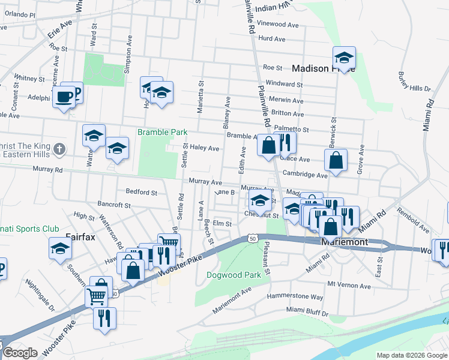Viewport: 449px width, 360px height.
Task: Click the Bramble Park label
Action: click(162, 132)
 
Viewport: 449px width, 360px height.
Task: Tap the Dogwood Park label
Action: click(234, 275)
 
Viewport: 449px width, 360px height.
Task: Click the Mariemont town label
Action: click(345, 241)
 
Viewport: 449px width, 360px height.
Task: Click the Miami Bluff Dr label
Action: click(307, 313)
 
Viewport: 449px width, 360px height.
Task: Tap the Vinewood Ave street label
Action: click(278, 25)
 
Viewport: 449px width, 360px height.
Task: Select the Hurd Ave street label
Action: click(271, 38)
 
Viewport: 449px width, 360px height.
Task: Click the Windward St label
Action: click(285, 85)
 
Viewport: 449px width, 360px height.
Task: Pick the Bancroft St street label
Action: click(114, 205)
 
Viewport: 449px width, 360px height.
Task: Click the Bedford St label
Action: click(141, 193)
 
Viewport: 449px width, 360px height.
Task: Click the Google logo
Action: click(20, 353)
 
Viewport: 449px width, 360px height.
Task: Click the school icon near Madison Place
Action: click(344, 58)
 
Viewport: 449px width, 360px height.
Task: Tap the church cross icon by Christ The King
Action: click(59, 149)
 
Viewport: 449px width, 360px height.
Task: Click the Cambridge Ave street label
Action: click(306, 175)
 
